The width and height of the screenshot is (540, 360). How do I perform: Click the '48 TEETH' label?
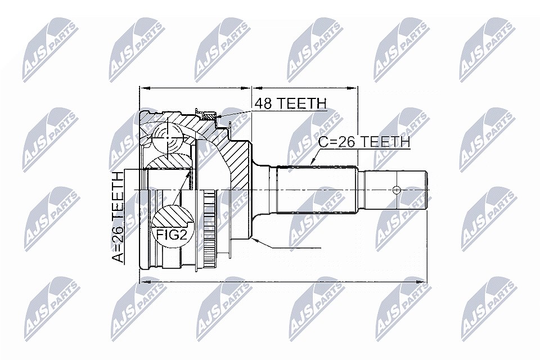coord(290,103)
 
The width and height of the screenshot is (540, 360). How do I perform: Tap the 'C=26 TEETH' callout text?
coord(364,142)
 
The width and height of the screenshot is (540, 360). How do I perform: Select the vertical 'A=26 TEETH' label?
coord(118,217)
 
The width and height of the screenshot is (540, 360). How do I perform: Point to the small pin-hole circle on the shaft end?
coord(397,190)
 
